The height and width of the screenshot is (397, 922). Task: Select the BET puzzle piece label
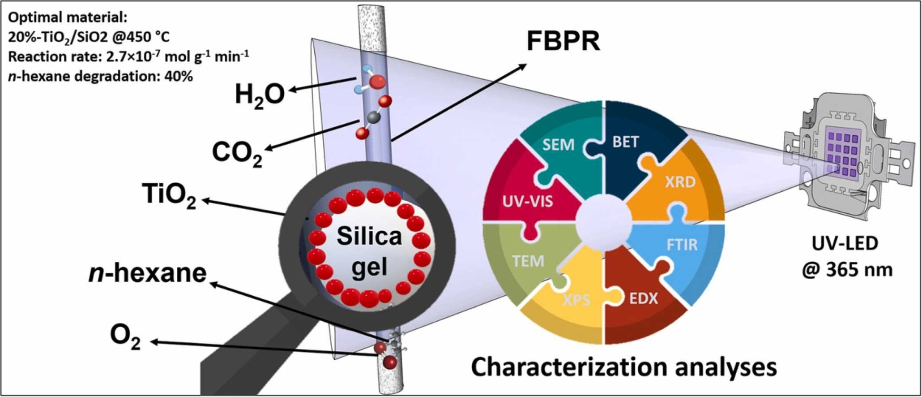click(625, 142)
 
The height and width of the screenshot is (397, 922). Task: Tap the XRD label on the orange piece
click(680, 182)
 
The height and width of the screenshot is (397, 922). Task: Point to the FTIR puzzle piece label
click(682, 245)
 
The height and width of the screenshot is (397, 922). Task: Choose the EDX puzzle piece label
click(643, 298)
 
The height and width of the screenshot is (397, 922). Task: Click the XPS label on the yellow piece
click(576, 299)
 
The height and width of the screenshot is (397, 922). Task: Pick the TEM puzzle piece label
click(528, 261)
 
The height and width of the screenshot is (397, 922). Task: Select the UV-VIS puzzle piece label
click(527, 201)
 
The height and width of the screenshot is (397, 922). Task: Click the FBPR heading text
click(563, 41)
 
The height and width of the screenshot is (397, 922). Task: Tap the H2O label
click(260, 95)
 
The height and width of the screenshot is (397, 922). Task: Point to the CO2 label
click(237, 153)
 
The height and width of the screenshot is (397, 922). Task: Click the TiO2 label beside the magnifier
click(169, 195)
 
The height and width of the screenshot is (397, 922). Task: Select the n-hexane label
click(147, 273)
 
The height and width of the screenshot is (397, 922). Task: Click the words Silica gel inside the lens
click(369, 251)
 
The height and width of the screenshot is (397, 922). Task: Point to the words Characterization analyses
click(624, 367)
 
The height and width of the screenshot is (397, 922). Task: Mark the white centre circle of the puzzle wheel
click(604, 222)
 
